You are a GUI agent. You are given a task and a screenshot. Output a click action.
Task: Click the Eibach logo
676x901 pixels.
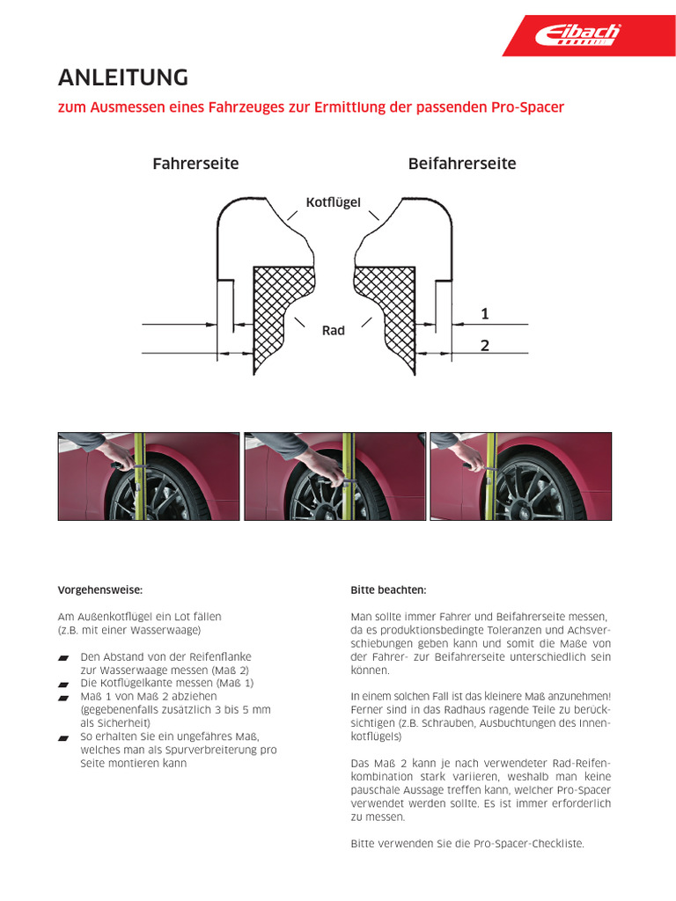click(x=578, y=35)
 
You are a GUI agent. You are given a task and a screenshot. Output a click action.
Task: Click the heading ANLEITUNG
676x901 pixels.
click(x=123, y=77)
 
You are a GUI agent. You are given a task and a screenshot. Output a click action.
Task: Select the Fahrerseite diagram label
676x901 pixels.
click(x=195, y=164)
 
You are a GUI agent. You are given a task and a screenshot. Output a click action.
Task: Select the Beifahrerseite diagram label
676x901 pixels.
click(x=462, y=164)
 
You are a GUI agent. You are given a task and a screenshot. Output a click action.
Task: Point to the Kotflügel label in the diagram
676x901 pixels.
click(x=334, y=202)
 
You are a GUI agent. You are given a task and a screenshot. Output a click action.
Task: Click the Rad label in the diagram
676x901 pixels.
click(x=334, y=331)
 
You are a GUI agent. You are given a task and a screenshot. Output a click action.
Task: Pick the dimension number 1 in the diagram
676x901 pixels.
click(x=485, y=313)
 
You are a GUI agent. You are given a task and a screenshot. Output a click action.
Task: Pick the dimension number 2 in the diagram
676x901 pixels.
click(x=485, y=345)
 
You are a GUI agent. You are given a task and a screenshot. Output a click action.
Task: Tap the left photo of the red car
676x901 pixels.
click(x=149, y=476)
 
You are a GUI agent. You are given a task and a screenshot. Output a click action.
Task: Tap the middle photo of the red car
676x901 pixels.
click(x=334, y=476)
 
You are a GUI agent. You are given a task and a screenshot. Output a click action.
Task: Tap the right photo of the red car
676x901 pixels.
click(x=520, y=476)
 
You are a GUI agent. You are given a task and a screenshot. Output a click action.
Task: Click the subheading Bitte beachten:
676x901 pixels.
click(x=388, y=590)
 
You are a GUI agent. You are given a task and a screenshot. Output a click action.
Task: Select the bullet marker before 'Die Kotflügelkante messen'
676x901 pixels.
click(x=62, y=684)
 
